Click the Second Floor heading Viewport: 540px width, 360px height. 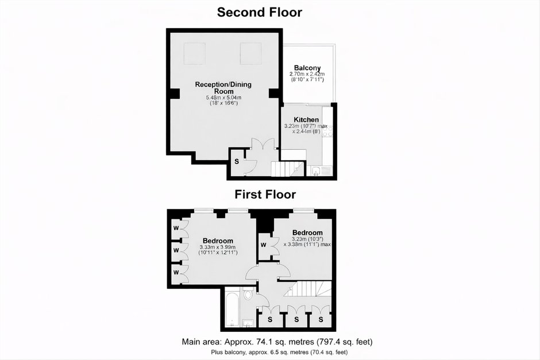(259, 12)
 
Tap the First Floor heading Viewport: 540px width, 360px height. (265, 195)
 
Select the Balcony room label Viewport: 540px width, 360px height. (307, 68)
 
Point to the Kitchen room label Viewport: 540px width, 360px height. (306, 120)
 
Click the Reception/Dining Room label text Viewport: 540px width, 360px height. (223, 88)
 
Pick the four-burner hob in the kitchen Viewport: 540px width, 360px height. (327, 131)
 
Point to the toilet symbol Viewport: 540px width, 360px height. (247, 295)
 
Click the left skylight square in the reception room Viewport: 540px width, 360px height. (195, 53)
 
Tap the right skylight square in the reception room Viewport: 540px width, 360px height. (250, 53)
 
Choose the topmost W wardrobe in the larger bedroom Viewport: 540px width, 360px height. (176, 228)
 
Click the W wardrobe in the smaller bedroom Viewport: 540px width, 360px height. (264, 245)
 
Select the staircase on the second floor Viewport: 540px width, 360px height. (288, 169)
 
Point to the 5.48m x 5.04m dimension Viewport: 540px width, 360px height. (223, 98)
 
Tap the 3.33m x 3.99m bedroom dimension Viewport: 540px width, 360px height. (218, 247)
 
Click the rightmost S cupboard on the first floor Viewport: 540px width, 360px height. (321, 319)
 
